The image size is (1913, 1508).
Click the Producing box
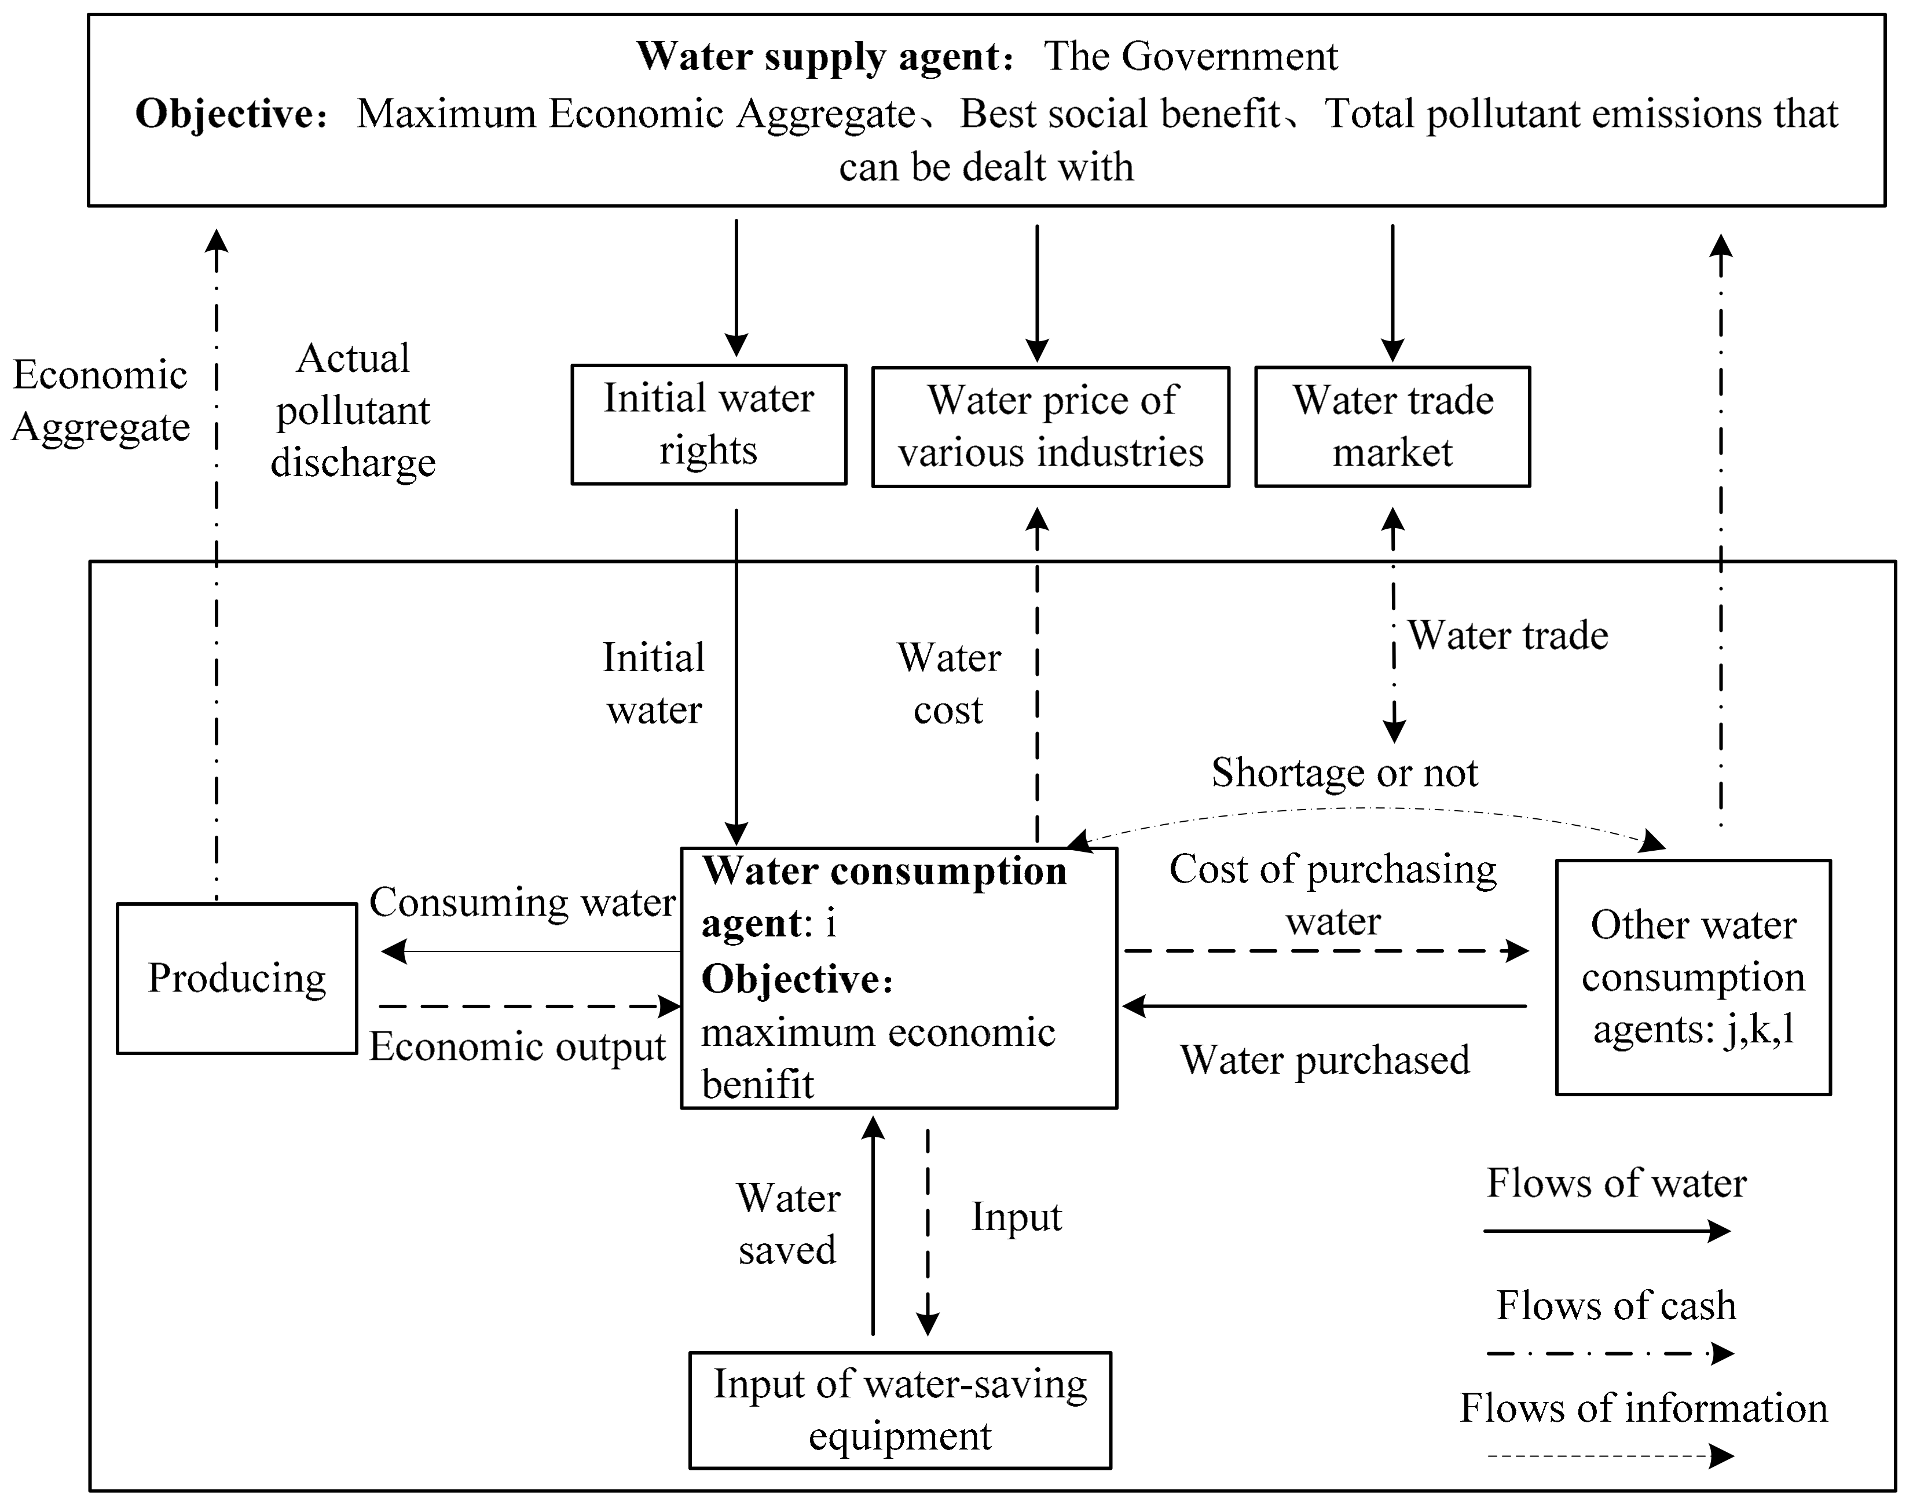(x=237, y=978)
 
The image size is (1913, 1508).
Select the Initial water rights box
(x=708, y=424)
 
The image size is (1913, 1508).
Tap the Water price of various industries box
(x=1050, y=426)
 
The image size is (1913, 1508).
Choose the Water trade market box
(x=1392, y=426)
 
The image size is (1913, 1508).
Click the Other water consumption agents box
(x=1692, y=978)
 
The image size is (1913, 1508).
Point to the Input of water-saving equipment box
(x=900, y=1410)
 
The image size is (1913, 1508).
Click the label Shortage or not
(x=1344, y=773)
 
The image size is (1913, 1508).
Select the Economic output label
(x=517, y=1047)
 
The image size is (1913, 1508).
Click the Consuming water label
(x=522, y=902)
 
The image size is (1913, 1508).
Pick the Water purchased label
(x=1324, y=1060)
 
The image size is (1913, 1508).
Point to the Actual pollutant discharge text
(x=353, y=411)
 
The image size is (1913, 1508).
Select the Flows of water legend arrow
(x=1607, y=1231)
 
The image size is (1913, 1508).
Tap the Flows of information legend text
(x=1643, y=1408)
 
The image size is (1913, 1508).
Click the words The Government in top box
(x=1190, y=57)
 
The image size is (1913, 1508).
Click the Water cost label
(x=949, y=685)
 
